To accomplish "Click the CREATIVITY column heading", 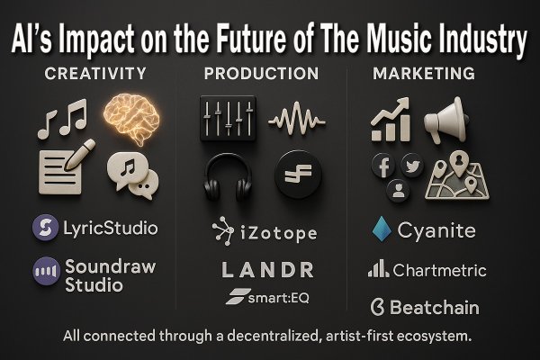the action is tap(95, 74).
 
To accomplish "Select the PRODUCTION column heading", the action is tap(261, 74).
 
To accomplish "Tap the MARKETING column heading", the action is tap(424, 74).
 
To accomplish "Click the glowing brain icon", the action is tap(132, 119).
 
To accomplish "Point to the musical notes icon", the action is tap(62, 119).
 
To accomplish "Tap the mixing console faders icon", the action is tap(228, 119).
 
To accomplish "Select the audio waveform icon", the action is tap(296, 119).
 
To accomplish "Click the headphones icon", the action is tap(228, 177).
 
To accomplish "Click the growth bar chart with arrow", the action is tap(391, 120).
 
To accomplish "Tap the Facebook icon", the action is tap(384, 166).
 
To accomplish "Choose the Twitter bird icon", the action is tap(412, 166).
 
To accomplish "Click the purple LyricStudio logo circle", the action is tap(46, 228).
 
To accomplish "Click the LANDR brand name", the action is tap(267, 269).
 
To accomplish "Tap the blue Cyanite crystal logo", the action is tap(382, 229).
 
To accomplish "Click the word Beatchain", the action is tap(435, 307).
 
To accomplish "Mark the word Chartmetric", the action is tap(439, 270).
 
